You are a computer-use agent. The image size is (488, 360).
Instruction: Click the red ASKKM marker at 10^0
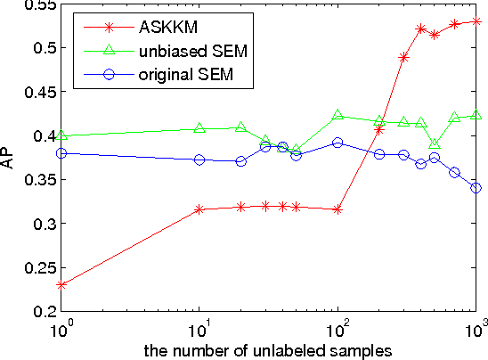61,285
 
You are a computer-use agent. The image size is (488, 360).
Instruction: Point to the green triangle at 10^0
61,135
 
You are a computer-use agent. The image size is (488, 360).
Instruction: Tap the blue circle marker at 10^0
61,153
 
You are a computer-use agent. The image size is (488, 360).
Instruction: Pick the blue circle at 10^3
476,188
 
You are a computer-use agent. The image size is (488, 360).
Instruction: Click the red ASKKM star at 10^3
476,20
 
